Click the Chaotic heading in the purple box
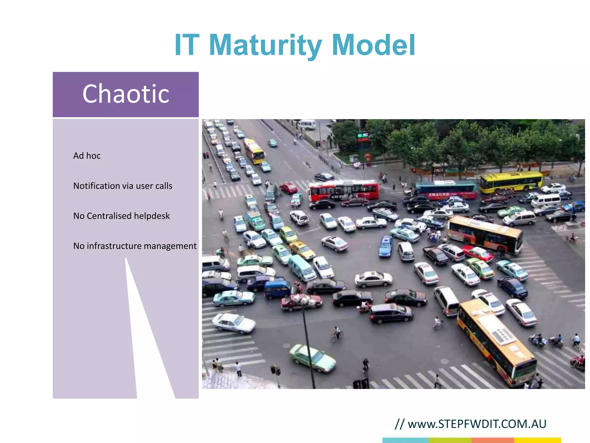(126, 94)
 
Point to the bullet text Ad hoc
(87, 156)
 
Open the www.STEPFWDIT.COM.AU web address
(477, 424)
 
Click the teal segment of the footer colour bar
(405, 440)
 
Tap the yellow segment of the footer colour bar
(538, 440)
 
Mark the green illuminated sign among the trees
(363, 136)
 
